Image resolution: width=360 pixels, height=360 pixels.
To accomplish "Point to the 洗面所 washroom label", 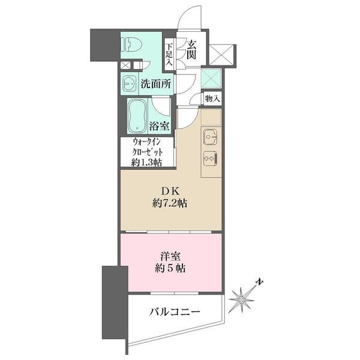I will pyautogui.click(x=154, y=84).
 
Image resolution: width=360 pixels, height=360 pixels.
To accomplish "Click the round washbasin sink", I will pyautogui.click(x=130, y=83).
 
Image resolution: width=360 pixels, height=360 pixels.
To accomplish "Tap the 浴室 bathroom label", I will pyautogui.click(x=160, y=126).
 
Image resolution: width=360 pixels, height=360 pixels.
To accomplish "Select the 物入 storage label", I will pyautogui.click(x=212, y=98).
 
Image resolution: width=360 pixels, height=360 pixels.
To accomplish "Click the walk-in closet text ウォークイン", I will pyautogui.click(x=148, y=143).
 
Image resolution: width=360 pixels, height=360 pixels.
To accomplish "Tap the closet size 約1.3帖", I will pyautogui.click(x=148, y=161).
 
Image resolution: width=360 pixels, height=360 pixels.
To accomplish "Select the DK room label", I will pyautogui.click(x=170, y=191).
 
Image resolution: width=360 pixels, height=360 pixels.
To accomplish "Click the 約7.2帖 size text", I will pyautogui.click(x=170, y=203).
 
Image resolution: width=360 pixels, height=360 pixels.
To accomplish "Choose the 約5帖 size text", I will pyautogui.click(x=170, y=268).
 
